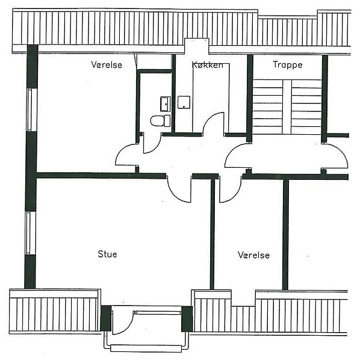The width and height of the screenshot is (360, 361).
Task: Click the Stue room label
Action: pos(107,254)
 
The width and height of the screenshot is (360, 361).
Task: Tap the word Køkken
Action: pos(208,65)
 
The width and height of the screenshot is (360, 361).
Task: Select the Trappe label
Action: pos(288,65)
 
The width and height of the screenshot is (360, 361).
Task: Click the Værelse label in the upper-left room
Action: pos(107,65)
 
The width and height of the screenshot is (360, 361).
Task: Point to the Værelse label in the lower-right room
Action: pos(253,255)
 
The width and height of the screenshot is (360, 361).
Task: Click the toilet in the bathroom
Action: pos(160,121)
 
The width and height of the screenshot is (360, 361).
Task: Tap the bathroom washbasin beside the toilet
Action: pos(166,104)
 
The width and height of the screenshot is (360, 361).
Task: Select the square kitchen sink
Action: pos(184,102)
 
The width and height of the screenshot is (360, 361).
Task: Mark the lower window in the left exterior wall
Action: pos(31,233)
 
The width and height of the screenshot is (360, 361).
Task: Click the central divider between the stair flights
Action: pos(287,107)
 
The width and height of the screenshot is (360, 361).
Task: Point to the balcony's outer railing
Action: pos(147,348)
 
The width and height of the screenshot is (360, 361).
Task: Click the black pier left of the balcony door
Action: pos(106,318)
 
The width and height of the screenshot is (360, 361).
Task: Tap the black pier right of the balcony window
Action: pos(187,319)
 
